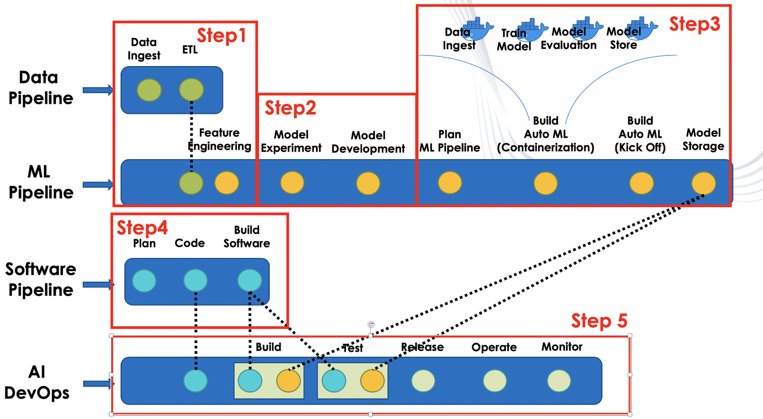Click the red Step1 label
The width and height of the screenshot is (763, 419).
[221, 36]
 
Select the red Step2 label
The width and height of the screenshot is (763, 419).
[290, 108]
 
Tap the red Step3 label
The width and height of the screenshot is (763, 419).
[695, 24]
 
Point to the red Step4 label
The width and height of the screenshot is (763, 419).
[142, 228]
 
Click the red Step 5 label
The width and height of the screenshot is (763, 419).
[599, 320]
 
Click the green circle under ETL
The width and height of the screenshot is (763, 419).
[191, 90]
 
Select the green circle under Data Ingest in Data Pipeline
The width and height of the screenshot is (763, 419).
[149, 90]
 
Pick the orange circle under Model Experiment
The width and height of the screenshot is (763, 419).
[292, 183]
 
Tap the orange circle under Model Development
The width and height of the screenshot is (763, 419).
[368, 183]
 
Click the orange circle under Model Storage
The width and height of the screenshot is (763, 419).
[703, 183]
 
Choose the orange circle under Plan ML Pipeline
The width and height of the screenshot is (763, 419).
[450, 183]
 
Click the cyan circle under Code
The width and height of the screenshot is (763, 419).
[195, 281]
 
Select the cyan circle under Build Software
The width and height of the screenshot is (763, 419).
[250, 281]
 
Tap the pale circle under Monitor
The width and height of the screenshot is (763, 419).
[559, 381]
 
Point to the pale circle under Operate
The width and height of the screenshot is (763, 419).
[495, 381]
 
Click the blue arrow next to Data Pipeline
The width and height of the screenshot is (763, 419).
[98, 90]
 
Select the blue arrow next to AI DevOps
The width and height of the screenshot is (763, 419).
[98, 383]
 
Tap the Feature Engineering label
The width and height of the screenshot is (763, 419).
[220, 140]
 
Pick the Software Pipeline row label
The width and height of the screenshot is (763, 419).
[41, 279]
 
